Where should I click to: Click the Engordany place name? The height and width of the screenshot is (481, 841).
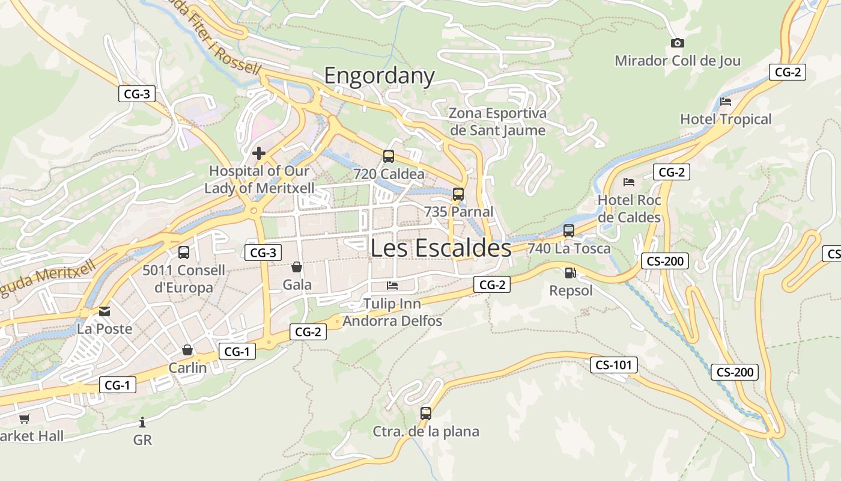379,76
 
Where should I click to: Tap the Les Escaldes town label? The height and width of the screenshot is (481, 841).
441,248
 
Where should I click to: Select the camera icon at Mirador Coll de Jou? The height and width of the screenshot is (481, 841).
677,43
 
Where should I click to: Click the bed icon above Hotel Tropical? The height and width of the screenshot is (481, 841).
726,102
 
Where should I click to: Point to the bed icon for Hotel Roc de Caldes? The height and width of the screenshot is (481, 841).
629,182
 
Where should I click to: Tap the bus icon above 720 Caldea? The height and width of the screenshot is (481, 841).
389,156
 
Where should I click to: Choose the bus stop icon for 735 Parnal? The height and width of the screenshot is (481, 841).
458,194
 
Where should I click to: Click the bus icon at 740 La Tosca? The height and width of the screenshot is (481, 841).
569,231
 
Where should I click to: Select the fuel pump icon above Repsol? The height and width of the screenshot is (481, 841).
570,273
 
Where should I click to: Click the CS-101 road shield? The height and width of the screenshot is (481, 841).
613,365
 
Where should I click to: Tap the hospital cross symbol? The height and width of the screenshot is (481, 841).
259,153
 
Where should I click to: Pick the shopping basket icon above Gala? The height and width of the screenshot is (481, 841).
297,266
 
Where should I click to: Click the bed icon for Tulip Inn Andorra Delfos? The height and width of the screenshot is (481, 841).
392,285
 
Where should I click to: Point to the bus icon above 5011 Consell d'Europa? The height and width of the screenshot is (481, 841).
184,253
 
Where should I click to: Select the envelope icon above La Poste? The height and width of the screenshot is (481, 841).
105,311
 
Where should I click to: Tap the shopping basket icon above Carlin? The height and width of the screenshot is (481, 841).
187,350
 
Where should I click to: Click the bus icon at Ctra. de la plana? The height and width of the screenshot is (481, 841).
426,414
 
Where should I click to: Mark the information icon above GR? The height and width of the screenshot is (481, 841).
142,422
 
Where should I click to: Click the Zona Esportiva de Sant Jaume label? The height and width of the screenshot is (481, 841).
498,121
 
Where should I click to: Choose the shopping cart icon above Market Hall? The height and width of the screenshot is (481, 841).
24,418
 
